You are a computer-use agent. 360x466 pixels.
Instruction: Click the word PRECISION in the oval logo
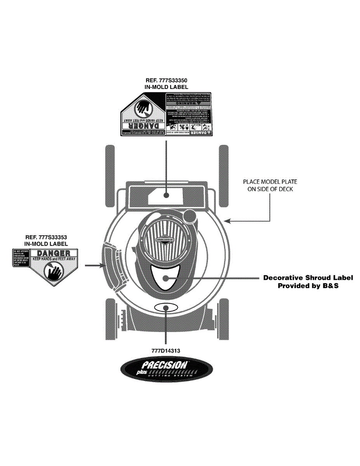[x=165, y=365]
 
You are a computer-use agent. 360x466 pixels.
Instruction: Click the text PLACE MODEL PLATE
[x=270, y=182]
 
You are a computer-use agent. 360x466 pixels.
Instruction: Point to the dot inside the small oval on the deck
[x=167, y=307]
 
